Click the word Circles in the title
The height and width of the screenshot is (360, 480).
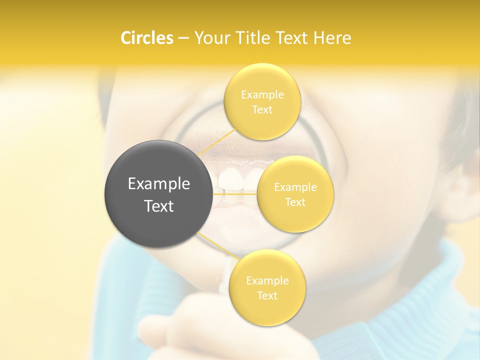point(146,38)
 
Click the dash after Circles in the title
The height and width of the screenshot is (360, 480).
point(183,38)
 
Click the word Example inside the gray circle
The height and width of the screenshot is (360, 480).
point(159,184)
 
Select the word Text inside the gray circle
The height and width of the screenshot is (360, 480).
point(159,206)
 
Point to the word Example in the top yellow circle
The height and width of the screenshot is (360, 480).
point(262,94)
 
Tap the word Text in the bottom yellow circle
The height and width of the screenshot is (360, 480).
point(267,295)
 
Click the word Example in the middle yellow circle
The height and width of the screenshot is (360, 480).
point(295,187)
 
